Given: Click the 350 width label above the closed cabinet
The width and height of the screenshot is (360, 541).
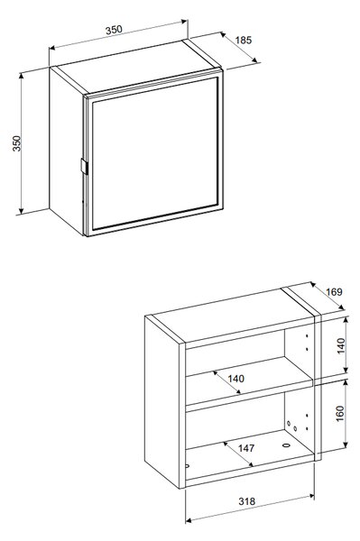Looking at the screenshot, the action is pos(114,30).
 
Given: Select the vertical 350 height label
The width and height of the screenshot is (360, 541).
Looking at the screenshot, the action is pos(17,143).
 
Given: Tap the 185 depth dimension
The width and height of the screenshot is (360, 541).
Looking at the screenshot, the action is pos(244,40).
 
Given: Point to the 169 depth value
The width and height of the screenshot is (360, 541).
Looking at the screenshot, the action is pos(334,292).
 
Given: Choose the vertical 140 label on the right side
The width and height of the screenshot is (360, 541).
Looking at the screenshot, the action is pos(341,345).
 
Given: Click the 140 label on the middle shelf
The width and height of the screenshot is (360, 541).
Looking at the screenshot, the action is pos(236,379).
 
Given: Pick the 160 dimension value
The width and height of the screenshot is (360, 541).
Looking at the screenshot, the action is pos(340,413).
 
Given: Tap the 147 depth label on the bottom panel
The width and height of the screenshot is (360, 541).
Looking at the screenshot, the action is pos(246,448).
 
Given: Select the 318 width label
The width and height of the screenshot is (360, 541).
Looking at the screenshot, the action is pos(247,501).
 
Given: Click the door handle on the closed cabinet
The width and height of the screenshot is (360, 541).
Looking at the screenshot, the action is pos(84,166).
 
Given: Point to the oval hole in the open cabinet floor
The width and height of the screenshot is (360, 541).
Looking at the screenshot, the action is pos(286,445).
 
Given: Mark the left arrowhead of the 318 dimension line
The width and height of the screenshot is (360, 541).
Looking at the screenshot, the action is pos(189,519).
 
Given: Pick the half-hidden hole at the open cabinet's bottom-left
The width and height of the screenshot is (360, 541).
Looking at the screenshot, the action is pos(188,466).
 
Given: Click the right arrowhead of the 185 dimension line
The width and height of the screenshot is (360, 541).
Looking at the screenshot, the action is pos(255,60).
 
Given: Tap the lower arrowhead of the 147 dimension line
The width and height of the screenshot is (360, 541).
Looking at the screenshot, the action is pos(250,464).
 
